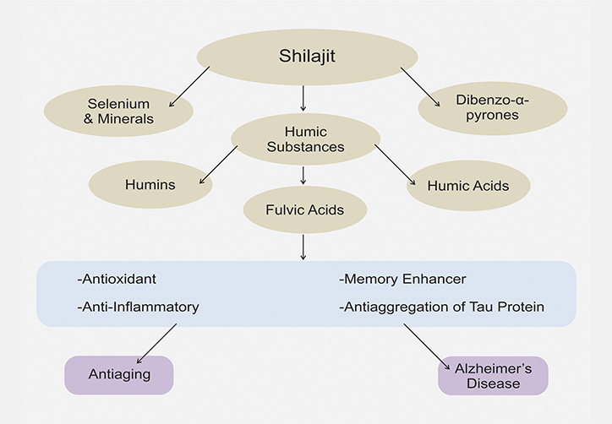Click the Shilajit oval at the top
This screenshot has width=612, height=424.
coord(307,57)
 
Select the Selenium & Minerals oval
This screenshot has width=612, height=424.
coord(118,111)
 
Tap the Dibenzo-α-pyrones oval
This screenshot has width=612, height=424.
coord(493,108)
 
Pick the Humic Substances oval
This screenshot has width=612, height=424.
coord(306,139)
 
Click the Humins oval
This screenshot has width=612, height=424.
coord(150,184)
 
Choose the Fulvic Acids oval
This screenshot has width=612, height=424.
coord(305,209)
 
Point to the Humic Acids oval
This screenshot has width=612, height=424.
coord(468,186)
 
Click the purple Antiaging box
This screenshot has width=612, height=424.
coord(119,375)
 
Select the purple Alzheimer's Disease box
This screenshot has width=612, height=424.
coord(493,376)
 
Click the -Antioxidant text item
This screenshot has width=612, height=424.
coord(117,279)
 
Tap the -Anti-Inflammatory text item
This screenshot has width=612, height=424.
coord(138,307)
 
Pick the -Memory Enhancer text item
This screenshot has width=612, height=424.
coord(402,279)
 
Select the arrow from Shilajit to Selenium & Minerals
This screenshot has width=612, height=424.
coord(189,87)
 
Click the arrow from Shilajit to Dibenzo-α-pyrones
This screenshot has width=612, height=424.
coord(420,87)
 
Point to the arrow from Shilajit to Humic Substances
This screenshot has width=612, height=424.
coord(303,98)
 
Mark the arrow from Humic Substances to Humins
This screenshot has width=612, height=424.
coord(218,165)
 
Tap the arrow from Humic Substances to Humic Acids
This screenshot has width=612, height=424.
coord(395,165)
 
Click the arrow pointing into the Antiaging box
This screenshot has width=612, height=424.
coord(156,344)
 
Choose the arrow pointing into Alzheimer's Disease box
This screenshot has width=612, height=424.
coord(427,346)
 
